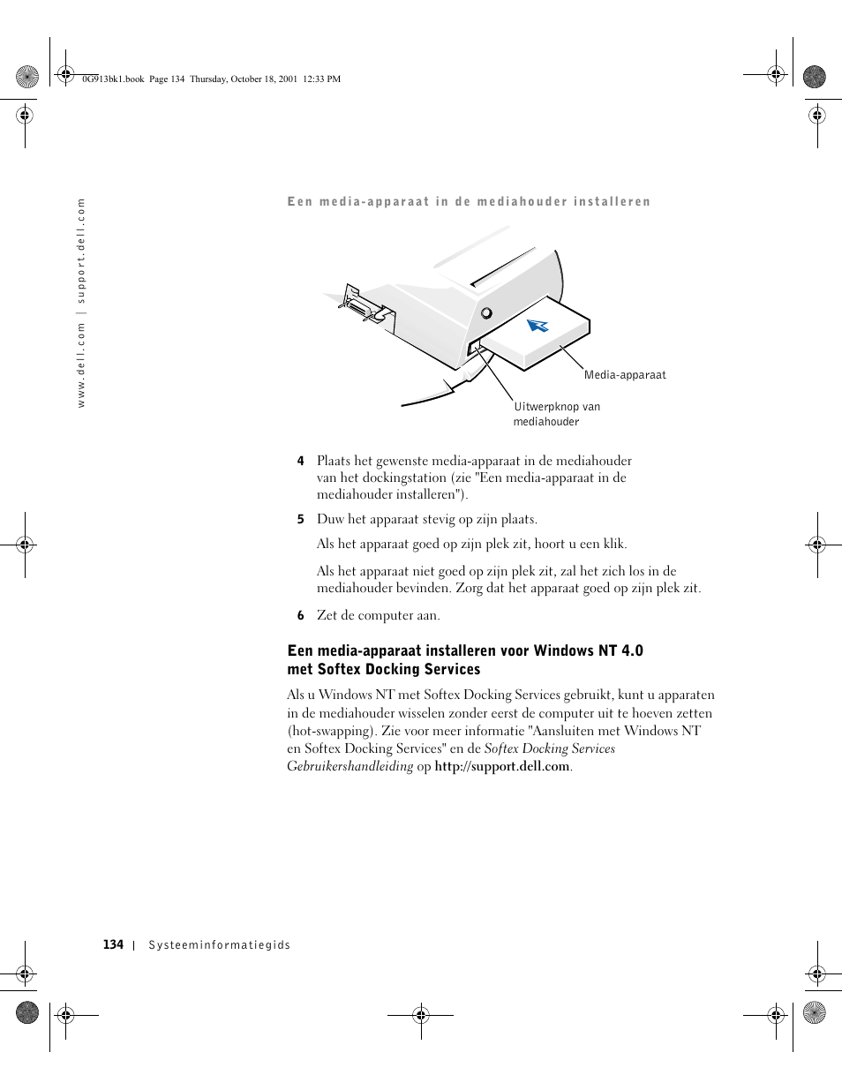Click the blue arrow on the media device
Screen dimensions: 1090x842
[x=538, y=326]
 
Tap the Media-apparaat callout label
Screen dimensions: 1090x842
[x=625, y=375]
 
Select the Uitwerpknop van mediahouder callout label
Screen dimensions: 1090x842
[x=556, y=414]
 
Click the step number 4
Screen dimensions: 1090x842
[x=300, y=461]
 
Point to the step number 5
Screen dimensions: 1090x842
[x=300, y=519]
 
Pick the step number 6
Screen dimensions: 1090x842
[x=300, y=615]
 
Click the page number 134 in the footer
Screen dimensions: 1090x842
[x=113, y=944]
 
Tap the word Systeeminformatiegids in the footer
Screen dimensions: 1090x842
[x=219, y=945]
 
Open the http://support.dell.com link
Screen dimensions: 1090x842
[x=501, y=766]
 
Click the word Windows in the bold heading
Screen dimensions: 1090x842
[x=564, y=650]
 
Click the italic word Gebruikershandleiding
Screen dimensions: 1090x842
[x=350, y=766]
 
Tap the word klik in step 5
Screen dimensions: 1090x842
[x=613, y=544]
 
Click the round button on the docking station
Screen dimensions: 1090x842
[x=486, y=312]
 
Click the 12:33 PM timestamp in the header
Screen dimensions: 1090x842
[x=321, y=79]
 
